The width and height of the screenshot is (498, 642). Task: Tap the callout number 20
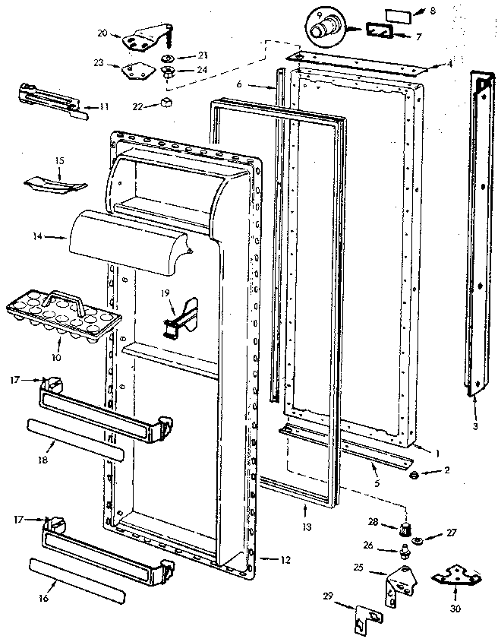[x=103, y=33]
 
